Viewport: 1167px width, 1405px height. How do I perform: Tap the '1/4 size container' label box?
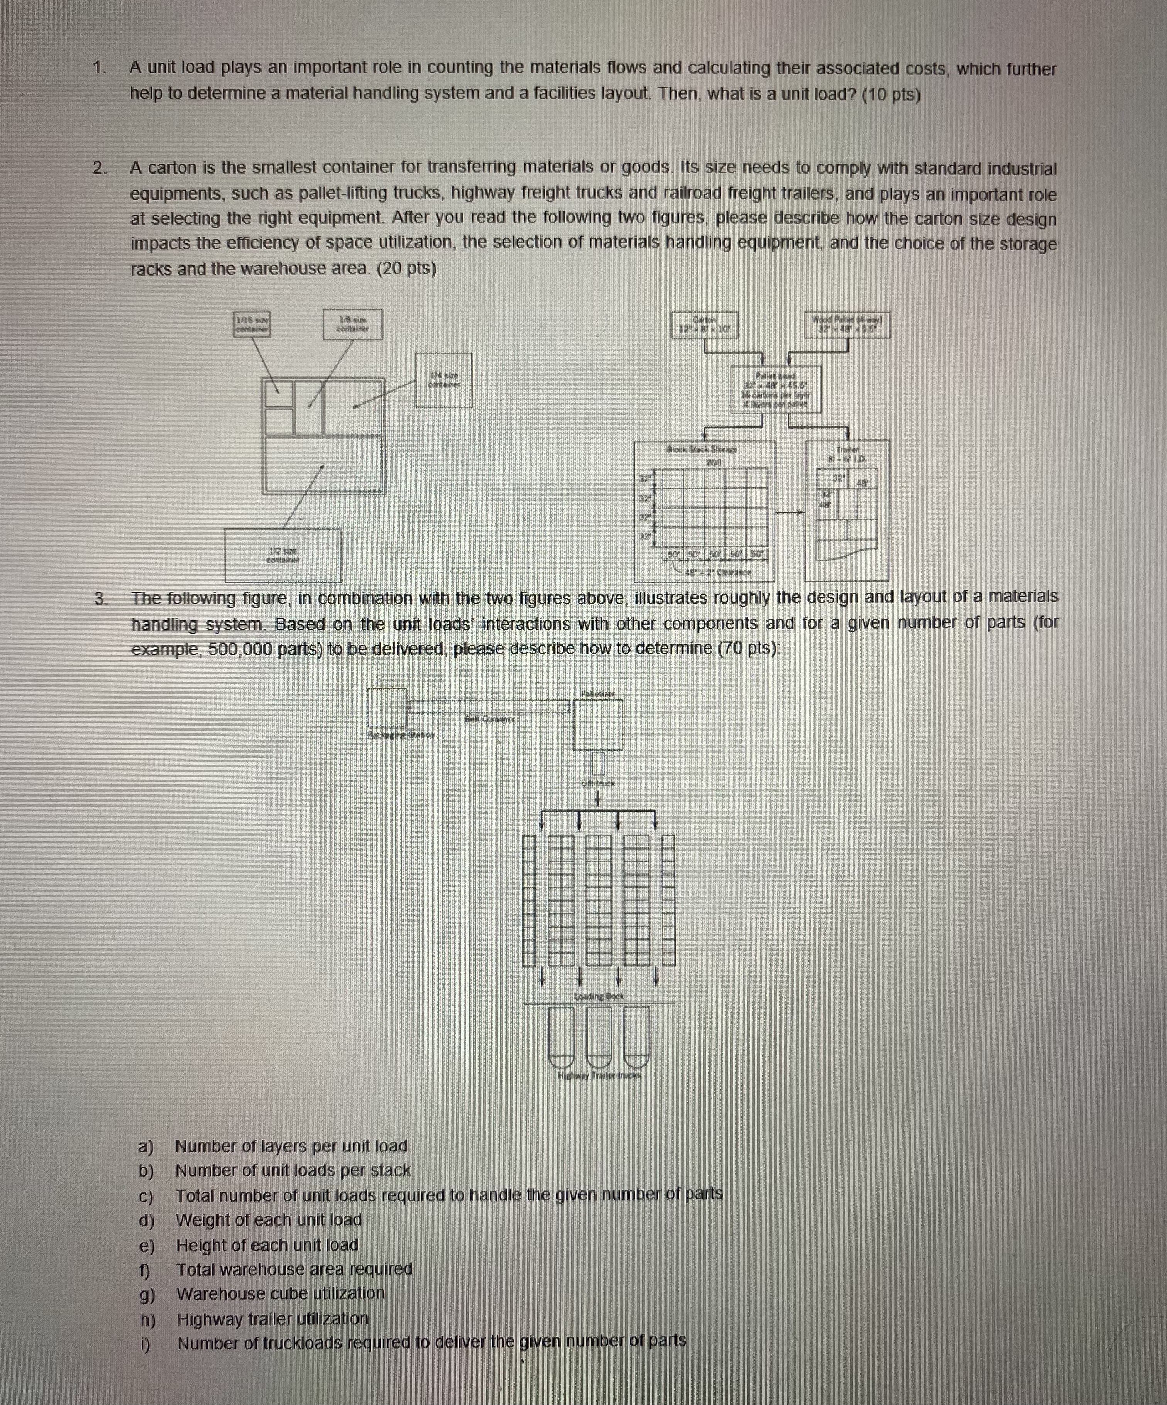point(443,380)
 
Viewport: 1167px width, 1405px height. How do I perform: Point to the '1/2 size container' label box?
point(282,555)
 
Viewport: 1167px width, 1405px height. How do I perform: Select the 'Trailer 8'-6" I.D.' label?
point(846,454)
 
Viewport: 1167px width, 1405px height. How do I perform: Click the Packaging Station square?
point(387,707)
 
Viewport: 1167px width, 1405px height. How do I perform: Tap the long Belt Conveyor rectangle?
point(489,706)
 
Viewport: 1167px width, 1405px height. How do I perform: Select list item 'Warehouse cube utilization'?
point(281,1293)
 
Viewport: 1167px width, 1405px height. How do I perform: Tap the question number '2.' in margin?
point(99,168)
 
